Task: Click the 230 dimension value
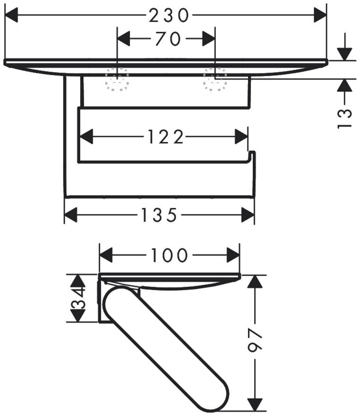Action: click(x=169, y=15)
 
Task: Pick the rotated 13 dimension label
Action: click(x=345, y=118)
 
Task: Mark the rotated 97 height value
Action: click(x=256, y=341)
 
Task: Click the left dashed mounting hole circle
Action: click(x=117, y=79)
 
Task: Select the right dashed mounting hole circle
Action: click(x=215, y=79)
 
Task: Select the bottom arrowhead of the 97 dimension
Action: click(x=256, y=404)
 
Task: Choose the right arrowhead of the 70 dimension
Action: click(x=208, y=39)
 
